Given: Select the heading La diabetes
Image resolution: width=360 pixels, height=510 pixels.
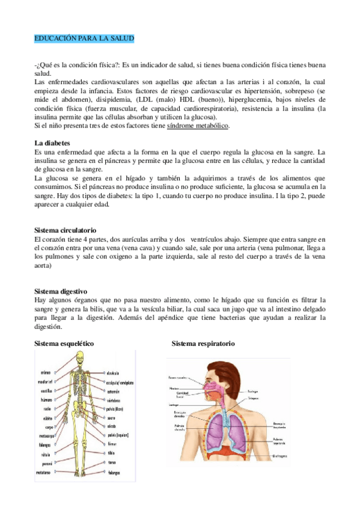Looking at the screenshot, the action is (53, 143).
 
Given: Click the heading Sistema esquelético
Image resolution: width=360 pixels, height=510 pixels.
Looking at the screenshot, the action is (64, 343).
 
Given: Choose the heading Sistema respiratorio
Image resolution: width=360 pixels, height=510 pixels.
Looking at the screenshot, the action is (203, 343).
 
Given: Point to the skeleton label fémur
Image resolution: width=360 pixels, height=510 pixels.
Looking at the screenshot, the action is (112, 444).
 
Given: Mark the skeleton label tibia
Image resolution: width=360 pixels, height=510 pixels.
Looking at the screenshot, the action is (111, 453).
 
